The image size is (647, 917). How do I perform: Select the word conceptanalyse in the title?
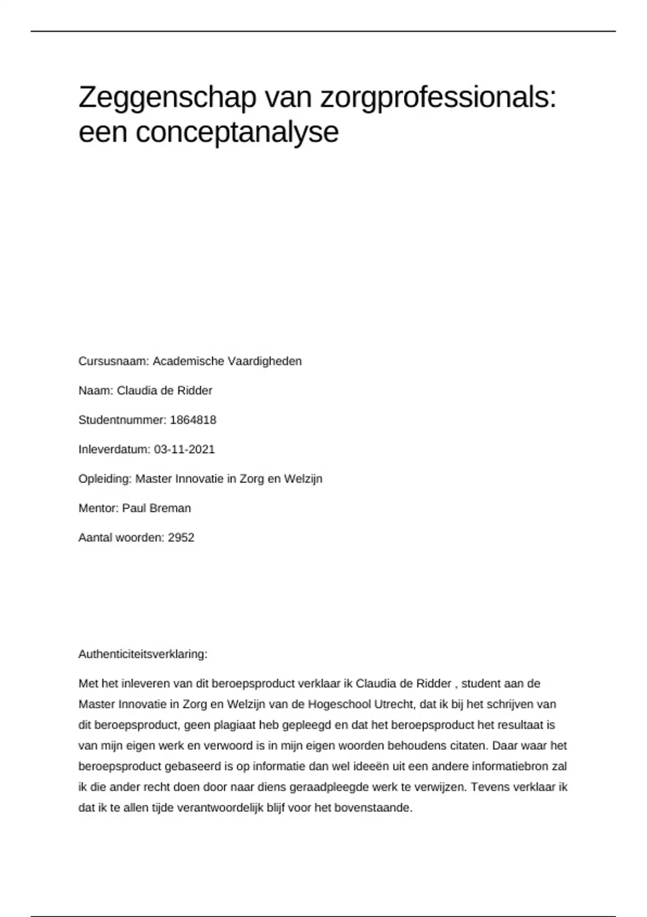[x=237, y=132]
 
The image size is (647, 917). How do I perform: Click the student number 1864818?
[x=193, y=420]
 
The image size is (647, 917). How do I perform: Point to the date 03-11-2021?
[x=184, y=449]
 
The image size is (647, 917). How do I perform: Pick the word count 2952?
[x=181, y=538]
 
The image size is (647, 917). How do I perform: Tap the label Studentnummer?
[x=121, y=420]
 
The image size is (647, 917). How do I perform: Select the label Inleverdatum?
[x=114, y=449]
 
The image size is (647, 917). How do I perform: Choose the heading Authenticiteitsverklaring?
[x=143, y=654]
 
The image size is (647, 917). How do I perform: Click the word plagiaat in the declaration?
[x=235, y=725]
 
